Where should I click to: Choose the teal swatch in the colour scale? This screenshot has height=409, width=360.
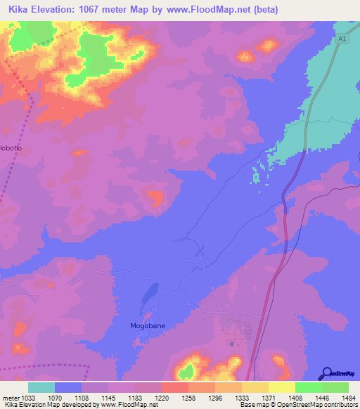[41, 387]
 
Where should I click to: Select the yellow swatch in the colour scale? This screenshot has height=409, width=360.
[282, 387]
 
